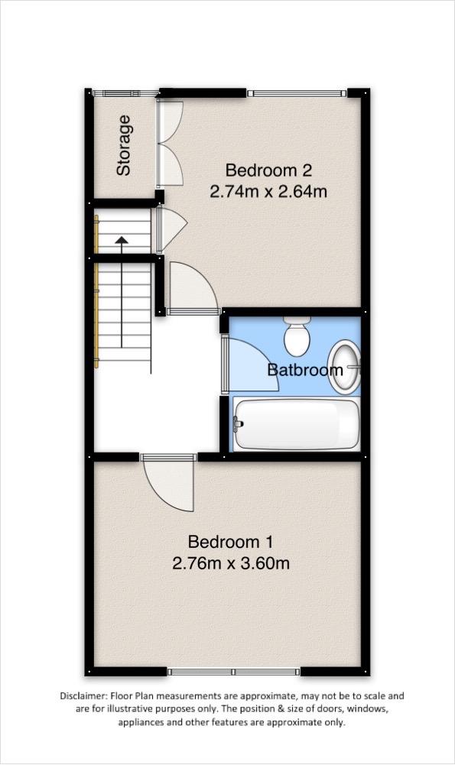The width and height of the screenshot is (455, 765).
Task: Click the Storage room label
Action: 124,145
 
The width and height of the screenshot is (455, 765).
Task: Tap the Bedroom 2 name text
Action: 268,170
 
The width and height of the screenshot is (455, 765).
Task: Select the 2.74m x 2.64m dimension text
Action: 268,191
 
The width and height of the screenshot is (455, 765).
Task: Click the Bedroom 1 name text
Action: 230,542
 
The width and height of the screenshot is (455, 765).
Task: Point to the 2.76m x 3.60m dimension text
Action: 231,563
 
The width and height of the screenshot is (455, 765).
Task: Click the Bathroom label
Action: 305,369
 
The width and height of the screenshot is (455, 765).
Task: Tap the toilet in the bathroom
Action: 297,335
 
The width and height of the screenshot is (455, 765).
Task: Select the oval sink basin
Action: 344,367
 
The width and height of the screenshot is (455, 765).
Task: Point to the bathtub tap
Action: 238,423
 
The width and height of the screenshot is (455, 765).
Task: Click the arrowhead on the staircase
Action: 121,239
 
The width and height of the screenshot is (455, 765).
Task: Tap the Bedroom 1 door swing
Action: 169,483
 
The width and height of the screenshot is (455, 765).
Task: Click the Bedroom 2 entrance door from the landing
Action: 193,289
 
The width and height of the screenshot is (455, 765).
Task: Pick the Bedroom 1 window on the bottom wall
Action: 234,672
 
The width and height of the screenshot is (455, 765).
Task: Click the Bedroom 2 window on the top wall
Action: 297,92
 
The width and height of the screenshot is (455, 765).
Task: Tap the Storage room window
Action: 126,92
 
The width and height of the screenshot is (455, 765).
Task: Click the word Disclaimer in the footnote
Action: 83,695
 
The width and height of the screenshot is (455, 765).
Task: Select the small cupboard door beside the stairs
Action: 171,230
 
